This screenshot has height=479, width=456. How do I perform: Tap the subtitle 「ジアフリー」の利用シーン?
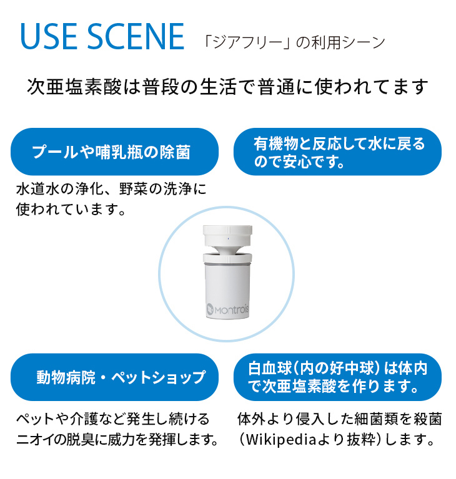point(294,42)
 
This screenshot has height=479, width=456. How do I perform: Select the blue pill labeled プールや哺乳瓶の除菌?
point(114,152)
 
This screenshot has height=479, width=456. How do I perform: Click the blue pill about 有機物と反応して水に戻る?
point(337,152)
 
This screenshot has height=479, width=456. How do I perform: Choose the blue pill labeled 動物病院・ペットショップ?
point(114,377)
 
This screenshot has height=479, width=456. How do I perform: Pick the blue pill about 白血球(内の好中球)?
point(337,377)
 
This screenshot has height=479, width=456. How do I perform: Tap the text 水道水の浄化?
point(49,188)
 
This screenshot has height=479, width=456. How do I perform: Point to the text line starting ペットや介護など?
point(112,419)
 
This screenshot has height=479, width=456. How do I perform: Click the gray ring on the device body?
point(228,264)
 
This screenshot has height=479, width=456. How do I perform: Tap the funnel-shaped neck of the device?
point(228,250)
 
